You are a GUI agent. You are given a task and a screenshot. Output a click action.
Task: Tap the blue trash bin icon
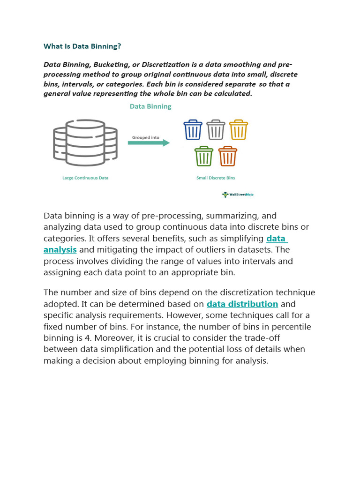pyautogui.click(x=193, y=130)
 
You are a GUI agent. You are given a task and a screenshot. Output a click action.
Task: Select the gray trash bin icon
pyautogui.click(x=216, y=130)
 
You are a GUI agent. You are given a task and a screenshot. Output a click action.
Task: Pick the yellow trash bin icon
pyautogui.click(x=239, y=130)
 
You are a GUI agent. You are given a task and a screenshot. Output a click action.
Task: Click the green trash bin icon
pyautogui.click(x=204, y=156)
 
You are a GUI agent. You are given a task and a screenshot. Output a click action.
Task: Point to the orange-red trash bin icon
pyautogui.click(x=228, y=156)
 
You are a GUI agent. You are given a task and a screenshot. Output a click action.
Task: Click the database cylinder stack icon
pyautogui.click(x=85, y=142)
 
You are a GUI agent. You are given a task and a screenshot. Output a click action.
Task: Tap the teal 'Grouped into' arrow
pyautogui.click(x=149, y=143)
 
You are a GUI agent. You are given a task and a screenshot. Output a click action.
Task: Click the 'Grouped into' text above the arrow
pyautogui.click(x=145, y=137)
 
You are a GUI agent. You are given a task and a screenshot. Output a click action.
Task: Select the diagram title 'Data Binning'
pyautogui.click(x=150, y=106)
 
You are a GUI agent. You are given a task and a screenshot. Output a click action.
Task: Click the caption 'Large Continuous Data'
pyautogui.click(x=85, y=178)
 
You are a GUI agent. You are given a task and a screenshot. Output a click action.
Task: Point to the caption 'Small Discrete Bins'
pyautogui.click(x=216, y=178)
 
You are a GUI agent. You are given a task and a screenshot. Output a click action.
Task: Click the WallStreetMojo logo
pyautogui.click(x=238, y=195)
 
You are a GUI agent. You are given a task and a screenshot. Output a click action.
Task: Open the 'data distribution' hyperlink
pyautogui.click(x=242, y=304)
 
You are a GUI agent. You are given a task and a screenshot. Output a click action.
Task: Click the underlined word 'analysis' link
pyautogui.click(x=60, y=250)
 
